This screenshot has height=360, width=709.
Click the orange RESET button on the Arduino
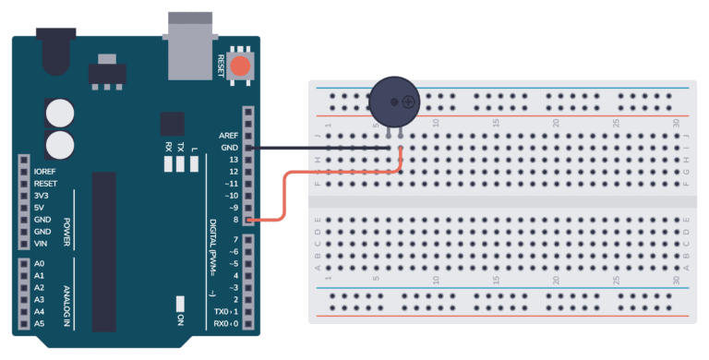(240, 66)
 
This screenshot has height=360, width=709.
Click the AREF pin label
(229, 136)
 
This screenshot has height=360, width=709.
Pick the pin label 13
(234, 160)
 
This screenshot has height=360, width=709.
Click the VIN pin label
(42, 243)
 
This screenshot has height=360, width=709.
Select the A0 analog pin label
(39, 264)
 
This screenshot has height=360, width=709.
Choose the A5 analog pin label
(39, 324)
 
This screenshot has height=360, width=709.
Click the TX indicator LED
(181, 164)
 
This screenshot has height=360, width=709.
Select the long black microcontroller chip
(104, 249)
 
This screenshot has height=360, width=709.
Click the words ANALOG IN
(67, 293)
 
